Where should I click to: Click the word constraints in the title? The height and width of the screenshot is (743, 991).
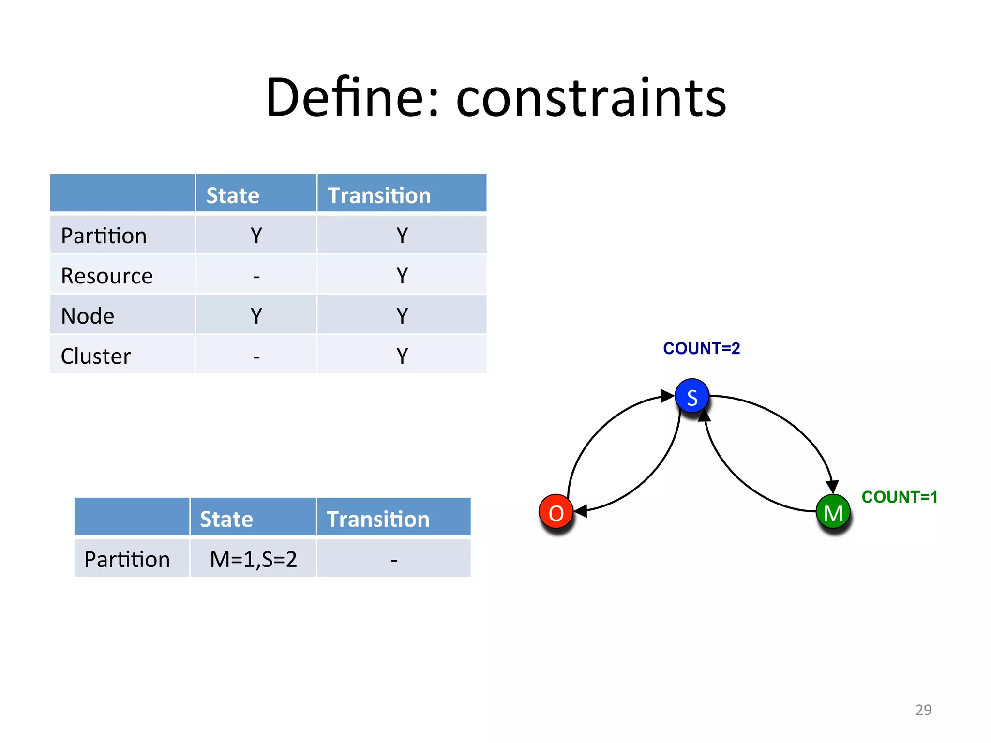(591, 99)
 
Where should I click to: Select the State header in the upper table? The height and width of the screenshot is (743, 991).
(233, 195)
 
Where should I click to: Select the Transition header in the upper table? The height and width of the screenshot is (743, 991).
(379, 195)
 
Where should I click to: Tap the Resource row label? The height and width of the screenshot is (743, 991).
(107, 276)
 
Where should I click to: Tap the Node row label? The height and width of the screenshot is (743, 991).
(88, 316)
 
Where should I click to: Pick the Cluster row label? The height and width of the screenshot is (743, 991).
(96, 356)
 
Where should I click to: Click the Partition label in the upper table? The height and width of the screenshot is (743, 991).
(104, 236)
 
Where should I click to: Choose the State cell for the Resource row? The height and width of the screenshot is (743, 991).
(256, 276)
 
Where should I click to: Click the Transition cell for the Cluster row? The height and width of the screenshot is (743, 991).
(402, 356)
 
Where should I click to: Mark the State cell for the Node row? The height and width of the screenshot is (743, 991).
(256, 316)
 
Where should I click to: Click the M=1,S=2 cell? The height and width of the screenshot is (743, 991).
(253, 559)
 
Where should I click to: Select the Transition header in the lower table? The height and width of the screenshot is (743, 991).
(378, 519)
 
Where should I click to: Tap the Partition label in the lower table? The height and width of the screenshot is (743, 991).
(127, 559)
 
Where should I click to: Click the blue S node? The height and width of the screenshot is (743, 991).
(692, 397)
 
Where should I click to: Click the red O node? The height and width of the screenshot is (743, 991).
(556, 513)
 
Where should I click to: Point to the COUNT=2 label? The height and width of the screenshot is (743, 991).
(701, 348)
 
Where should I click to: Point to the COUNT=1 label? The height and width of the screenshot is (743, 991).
(900, 497)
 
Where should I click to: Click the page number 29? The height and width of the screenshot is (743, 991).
(923, 710)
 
